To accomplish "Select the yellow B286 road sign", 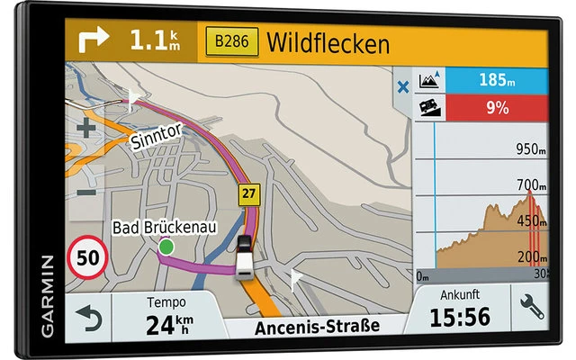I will (232, 41).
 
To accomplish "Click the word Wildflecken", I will (328, 42).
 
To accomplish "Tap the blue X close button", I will (402, 87).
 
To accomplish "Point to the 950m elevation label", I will (531, 149).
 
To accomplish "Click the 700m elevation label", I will (531, 185).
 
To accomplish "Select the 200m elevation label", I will (531, 257).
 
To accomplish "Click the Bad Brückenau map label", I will (164, 229).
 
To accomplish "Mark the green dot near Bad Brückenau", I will (166, 247).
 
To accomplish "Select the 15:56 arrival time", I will (460, 317).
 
